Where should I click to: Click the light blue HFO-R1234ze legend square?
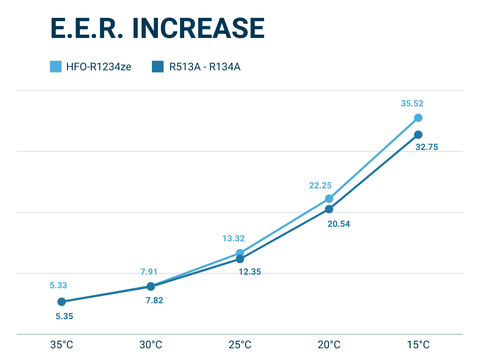pos(56,67)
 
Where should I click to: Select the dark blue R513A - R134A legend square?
pos(157,67)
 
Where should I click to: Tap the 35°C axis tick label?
pos(62,345)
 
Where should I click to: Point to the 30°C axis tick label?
pos(151,345)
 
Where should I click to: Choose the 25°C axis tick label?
pos(240,345)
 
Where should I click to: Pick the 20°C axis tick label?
pos(329,345)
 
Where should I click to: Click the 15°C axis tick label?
pos(418,345)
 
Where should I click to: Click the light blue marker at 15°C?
pos(418,118)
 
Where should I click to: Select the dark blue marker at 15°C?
pos(418,135)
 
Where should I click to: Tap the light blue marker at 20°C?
pos(329,199)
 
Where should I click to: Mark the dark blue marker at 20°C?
pos(329,209)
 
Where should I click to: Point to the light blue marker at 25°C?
pos(240,253)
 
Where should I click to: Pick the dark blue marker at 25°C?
pos(240,259)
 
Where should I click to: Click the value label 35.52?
pos(412,104)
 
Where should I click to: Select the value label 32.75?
pos(427,147)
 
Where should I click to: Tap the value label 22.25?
pos(320,186)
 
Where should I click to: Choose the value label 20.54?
pos(338,224)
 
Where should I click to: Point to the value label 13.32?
pos(233,239)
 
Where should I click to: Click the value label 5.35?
pos(64,316)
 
